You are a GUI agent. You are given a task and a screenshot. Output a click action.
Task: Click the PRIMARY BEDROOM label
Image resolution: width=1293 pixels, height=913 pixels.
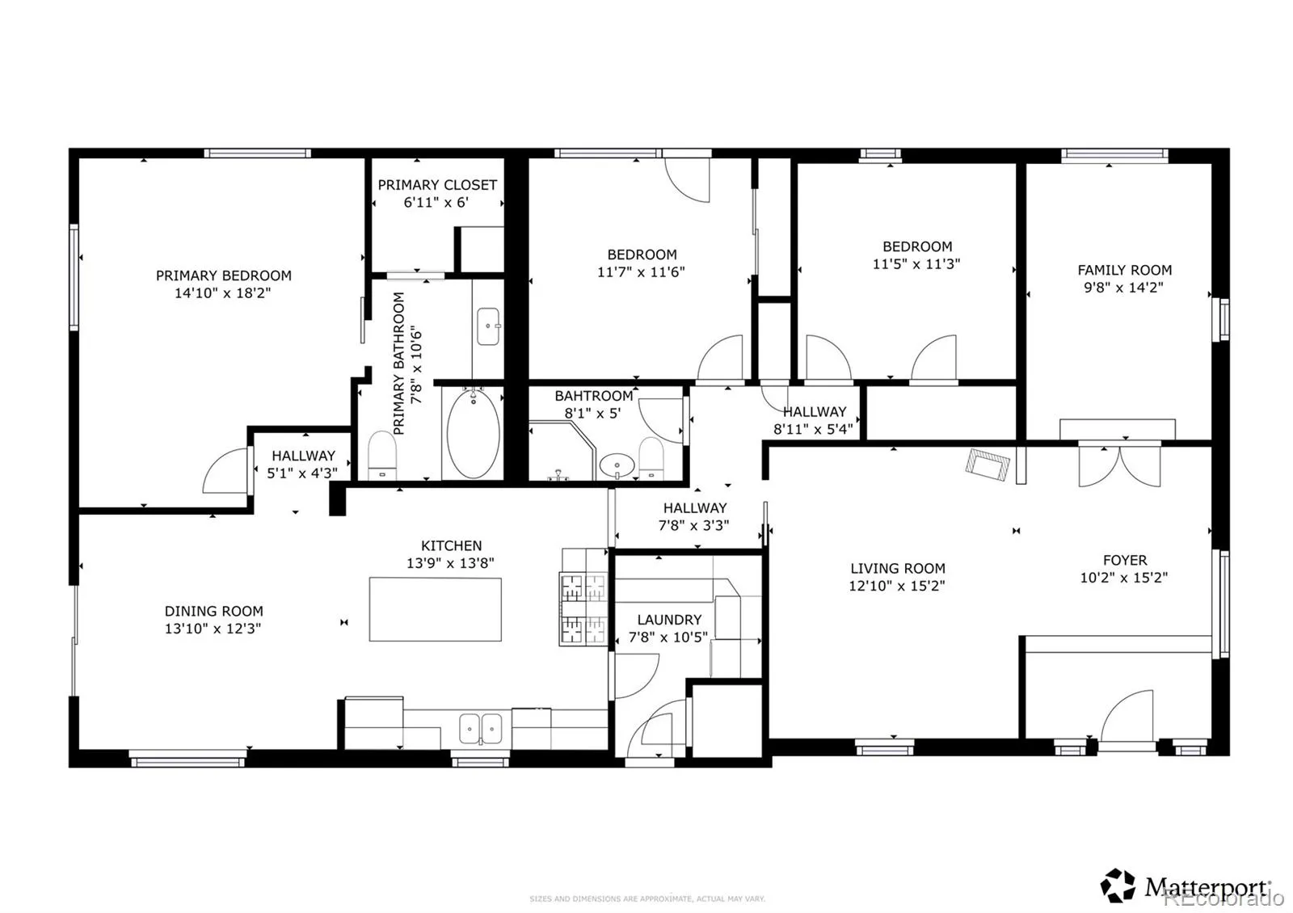pyautogui.click(x=223, y=276)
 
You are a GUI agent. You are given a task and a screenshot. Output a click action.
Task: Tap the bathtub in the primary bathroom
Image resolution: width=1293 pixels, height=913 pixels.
pyautogui.click(x=474, y=433)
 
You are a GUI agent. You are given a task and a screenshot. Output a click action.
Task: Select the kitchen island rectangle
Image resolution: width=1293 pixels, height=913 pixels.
pyautogui.click(x=436, y=609)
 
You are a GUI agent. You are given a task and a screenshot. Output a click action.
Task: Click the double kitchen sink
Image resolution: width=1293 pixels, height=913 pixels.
pyautogui.click(x=480, y=728)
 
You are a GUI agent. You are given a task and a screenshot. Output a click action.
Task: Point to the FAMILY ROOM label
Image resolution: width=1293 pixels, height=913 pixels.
pyautogui.click(x=1124, y=270)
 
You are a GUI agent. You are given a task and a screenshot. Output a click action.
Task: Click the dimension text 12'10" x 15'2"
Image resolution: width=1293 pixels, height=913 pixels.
pyautogui.click(x=896, y=586)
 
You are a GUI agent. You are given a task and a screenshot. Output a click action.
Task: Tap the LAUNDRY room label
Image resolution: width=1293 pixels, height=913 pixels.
pyautogui.click(x=669, y=620)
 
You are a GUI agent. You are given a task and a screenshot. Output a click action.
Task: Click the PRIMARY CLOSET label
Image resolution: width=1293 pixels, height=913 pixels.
pyautogui.click(x=437, y=185)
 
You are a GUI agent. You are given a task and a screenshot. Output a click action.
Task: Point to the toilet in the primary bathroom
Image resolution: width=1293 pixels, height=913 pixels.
pyautogui.click(x=382, y=455)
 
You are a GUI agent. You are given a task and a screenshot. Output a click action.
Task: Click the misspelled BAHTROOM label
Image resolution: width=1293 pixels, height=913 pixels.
pyautogui.click(x=593, y=396)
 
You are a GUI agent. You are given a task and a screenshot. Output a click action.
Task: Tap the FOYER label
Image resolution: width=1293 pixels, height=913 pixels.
pyautogui.click(x=1125, y=561)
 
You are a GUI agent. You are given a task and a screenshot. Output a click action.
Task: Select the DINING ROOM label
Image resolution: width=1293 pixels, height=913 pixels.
pyautogui.click(x=213, y=611)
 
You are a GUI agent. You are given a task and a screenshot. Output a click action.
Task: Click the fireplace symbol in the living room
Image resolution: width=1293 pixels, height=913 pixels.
pyautogui.click(x=988, y=465)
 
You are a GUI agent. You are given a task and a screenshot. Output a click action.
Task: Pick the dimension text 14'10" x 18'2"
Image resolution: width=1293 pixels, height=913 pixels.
pyautogui.click(x=223, y=293)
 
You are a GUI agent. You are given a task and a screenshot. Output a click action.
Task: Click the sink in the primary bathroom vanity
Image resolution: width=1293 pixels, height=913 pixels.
pyautogui.click(x=488, y=326)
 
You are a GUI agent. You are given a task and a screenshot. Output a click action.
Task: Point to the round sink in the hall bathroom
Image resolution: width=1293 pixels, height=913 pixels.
pyautogui.click(x=617, y=465)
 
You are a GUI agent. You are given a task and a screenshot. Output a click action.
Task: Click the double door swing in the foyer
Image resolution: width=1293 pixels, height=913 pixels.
pyautogui.click(x=1120, y=465)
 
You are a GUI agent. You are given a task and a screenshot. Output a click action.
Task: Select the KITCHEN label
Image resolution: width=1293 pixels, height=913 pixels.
pyautogui.click(x=452, y=546)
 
